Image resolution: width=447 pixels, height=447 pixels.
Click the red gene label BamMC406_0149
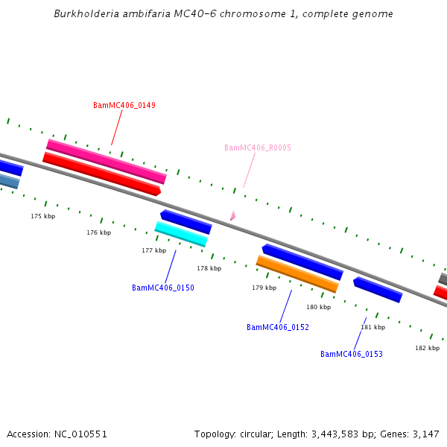point(124,105)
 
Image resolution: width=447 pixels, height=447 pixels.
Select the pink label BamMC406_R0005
point(258,148)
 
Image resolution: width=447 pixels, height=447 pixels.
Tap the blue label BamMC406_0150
point(163,288)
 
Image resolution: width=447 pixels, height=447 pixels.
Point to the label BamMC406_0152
point(278,327)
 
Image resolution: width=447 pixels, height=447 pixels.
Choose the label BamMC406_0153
point(352,354)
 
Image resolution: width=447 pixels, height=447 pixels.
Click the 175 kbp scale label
point(43,216)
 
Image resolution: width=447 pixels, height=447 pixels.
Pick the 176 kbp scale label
point(98,232)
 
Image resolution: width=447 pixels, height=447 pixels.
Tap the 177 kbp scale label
point(153,250)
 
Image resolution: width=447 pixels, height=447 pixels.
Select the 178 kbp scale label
point(209,268)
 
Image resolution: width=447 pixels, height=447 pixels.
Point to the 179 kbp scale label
point(264,288)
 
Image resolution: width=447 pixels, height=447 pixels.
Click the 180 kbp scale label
point(318,307)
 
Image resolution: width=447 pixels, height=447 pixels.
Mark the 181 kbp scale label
point(373,327)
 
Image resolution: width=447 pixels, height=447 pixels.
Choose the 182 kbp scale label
point(428,348)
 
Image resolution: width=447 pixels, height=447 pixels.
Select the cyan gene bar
point(181,234)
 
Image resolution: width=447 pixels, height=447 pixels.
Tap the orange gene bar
point(297,274)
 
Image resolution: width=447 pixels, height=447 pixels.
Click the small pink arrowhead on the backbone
point(232,215)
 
